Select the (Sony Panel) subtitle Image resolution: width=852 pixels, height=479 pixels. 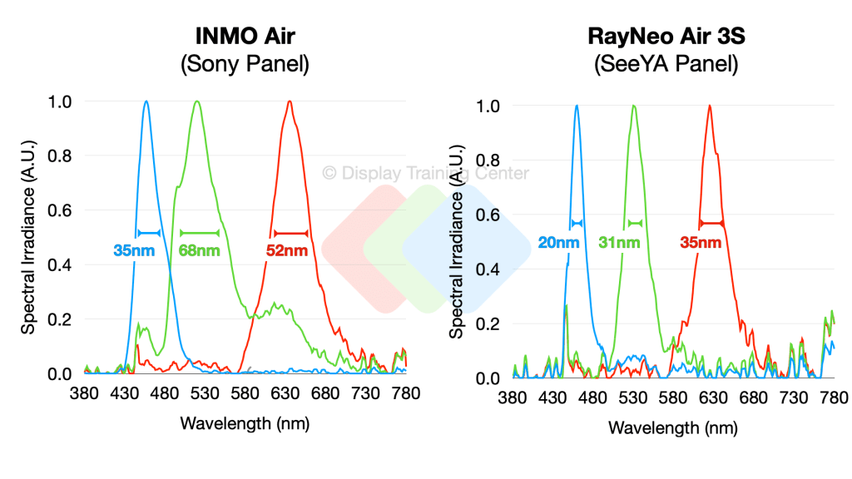click(245, 65)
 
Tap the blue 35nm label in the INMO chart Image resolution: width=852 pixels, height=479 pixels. click(135, 249)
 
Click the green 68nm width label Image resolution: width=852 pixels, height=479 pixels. click(200, 249)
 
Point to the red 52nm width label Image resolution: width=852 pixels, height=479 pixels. click(287, 249)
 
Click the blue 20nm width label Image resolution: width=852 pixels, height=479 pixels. click(557, 243)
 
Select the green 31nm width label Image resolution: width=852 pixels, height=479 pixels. click(619, 243)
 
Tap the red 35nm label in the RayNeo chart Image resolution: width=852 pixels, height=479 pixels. click(700, 243)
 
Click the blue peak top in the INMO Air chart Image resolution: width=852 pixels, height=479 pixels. click(146, 101)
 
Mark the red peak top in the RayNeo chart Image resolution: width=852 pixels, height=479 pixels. click(710, 106)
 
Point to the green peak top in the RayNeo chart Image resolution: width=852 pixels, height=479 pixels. click(634, 106)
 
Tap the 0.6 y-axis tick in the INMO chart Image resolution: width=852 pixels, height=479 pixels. click(62, 210)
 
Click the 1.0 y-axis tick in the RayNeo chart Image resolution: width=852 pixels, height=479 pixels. click(488, 106)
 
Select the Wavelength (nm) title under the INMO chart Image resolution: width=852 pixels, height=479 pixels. click(245, 423)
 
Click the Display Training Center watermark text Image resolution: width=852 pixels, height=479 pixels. click(425, 174)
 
